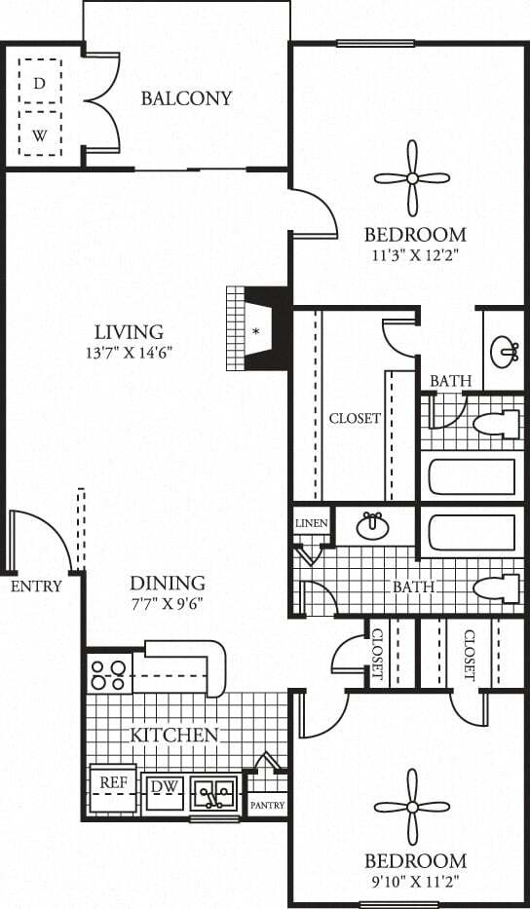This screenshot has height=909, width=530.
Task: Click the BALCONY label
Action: point(186,98)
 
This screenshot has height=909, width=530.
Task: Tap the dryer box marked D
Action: point(40,84)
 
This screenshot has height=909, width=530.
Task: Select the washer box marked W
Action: point(40,135)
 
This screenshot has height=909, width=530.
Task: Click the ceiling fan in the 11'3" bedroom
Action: point(412,178)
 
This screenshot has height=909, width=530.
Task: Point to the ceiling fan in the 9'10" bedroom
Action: point(413,807)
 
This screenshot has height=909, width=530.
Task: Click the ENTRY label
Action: point(36,587)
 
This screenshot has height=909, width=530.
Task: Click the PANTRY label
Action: point(266,806)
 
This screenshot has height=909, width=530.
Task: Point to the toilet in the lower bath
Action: point(497,587)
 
